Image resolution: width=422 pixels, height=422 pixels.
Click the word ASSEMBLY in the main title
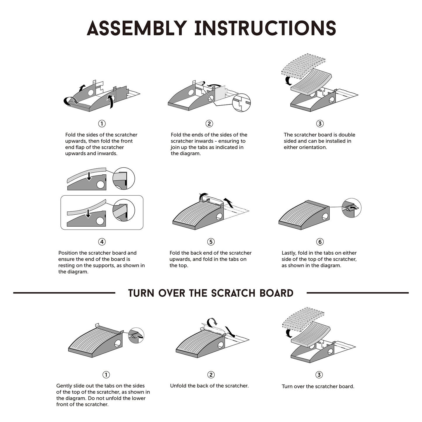pos(137,28)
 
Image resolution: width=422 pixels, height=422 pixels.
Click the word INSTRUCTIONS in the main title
pos(265,28)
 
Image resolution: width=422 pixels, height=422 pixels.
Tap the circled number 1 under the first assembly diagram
pos(102,124)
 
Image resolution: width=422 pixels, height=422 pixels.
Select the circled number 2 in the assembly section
pos(209,124)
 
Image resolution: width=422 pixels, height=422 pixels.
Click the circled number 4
pos(102,242)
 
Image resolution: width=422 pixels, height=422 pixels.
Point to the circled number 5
pos(211,242)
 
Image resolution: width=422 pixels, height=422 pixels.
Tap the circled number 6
pos(320,242)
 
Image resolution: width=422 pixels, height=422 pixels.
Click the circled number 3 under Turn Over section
pos(319,375)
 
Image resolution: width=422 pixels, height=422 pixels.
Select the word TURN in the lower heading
pos(141,293)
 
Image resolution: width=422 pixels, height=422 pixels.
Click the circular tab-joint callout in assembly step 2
pos(241,103)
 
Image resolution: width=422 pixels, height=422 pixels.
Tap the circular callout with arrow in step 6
pos(352,208)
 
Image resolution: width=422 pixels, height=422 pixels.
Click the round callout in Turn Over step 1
pos(136,335)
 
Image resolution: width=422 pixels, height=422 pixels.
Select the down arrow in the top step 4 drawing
pos(89,177)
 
